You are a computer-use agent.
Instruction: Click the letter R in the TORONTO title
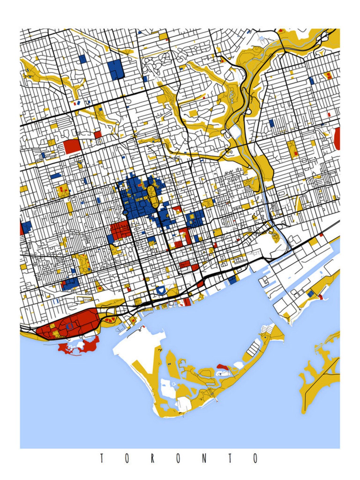152,458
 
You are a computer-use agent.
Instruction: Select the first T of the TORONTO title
102,458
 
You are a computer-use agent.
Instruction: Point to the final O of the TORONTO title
255,458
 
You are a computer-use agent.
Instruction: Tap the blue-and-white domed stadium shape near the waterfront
161,290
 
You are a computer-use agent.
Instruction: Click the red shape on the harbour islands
223,367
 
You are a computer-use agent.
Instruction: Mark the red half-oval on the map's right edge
337,139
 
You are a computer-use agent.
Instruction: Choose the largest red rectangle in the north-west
72,147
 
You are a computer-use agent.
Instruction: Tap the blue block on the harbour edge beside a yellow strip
232,280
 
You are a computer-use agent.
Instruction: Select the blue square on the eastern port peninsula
311,294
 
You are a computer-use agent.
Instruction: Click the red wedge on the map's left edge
21,228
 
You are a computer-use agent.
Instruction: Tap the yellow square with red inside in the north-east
329,75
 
